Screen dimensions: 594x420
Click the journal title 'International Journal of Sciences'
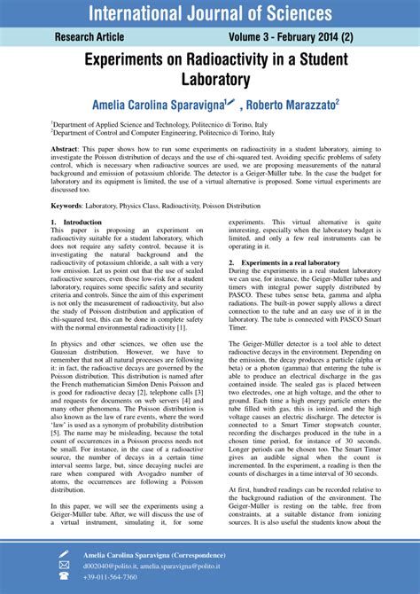(209, 13)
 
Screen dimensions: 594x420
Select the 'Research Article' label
(89, 38)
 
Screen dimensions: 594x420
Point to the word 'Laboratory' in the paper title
(210, 80)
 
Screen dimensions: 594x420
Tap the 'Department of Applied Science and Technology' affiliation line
(159, 126)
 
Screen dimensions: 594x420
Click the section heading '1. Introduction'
(76, 222)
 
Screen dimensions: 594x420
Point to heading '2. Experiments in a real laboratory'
(284, 263)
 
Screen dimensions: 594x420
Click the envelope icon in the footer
(64, 565)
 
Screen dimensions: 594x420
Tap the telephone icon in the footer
(64, 577)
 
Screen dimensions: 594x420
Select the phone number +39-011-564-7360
(116, 577)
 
